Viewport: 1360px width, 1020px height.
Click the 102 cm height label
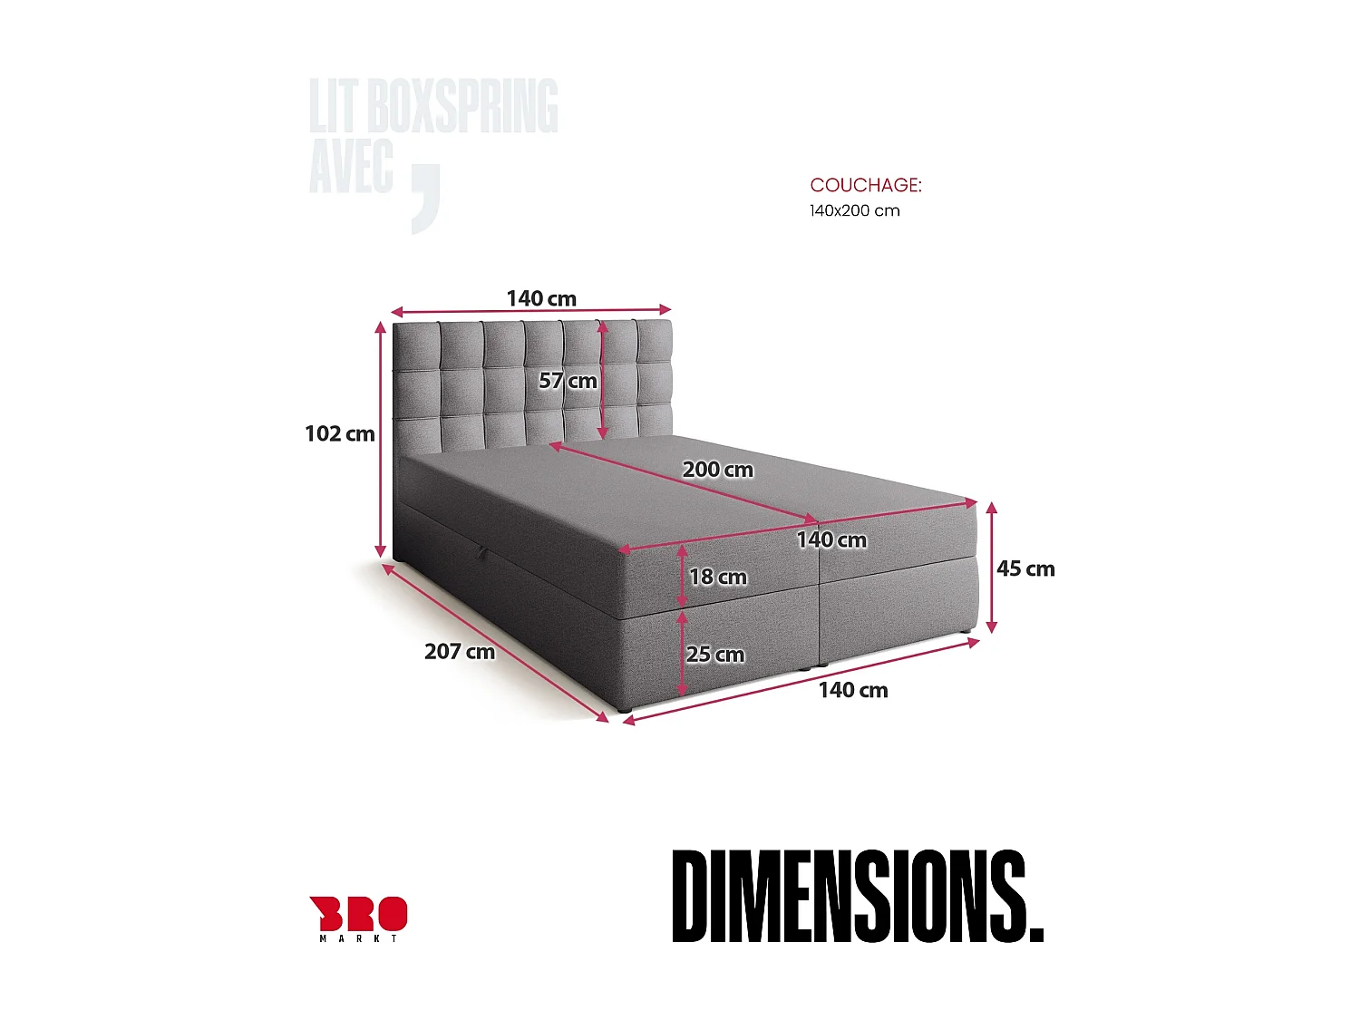(340, 433)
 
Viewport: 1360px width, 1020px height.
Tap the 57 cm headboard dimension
(568, 381)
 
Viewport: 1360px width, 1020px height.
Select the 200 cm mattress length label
(717, 470)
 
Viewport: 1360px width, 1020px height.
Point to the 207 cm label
(460, 651)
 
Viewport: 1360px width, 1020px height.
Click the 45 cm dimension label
(1025, 568)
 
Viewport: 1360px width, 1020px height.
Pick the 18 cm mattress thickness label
(717, 577)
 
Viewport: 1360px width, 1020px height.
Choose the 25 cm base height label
(714, 655)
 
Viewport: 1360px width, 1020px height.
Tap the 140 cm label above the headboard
(541, 298)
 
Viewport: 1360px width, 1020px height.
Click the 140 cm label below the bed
(853, 690)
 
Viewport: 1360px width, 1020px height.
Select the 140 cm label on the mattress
(831, 539)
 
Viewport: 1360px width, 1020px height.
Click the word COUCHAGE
(865, 185)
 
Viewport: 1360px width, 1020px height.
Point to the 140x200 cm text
(854, 210)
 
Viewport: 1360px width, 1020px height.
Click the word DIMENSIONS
(857, 897)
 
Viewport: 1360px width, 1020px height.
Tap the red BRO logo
(359, 914)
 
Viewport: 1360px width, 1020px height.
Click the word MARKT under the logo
(359, 938)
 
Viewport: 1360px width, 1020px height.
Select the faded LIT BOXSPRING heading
(433, 106)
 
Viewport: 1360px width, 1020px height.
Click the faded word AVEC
(351, 166)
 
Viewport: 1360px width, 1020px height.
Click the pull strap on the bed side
(482, 552)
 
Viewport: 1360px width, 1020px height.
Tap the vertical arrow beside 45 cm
(992, 568)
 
